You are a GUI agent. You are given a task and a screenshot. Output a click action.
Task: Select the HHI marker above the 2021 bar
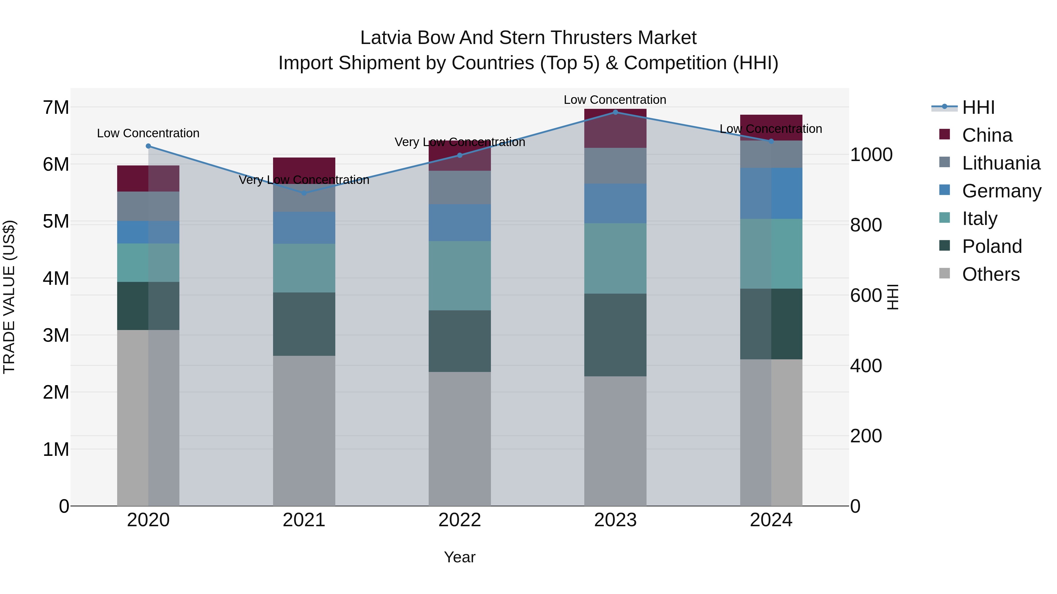[x=304, y=193]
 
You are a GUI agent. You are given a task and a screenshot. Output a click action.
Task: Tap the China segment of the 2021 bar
[x=304, y=167]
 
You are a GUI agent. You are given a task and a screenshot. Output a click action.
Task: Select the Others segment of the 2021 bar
[x=304, y=430]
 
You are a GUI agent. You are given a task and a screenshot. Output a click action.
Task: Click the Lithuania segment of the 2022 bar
[x=460, y=187]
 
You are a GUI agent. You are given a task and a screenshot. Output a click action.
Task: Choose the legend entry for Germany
[x=1001, y=191]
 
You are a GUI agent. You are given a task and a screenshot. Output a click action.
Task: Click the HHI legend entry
[x=978, y=107]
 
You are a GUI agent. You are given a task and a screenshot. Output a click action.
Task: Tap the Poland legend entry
[x=992, y=246]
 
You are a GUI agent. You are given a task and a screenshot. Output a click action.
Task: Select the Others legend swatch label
[x=991, y=274]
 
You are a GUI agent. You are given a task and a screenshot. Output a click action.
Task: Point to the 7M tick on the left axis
[x=56, y=107]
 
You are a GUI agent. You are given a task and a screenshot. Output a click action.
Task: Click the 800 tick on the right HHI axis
[x=866, y=225]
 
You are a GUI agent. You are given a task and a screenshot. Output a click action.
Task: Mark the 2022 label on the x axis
[x=460, y=520]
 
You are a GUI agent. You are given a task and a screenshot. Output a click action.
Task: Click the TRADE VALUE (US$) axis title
[x=9, y=297]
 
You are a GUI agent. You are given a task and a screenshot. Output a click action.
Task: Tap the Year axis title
[x=460, y=557]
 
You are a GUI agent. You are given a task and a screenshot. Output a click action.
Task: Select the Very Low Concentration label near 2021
[x=304, y=180]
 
